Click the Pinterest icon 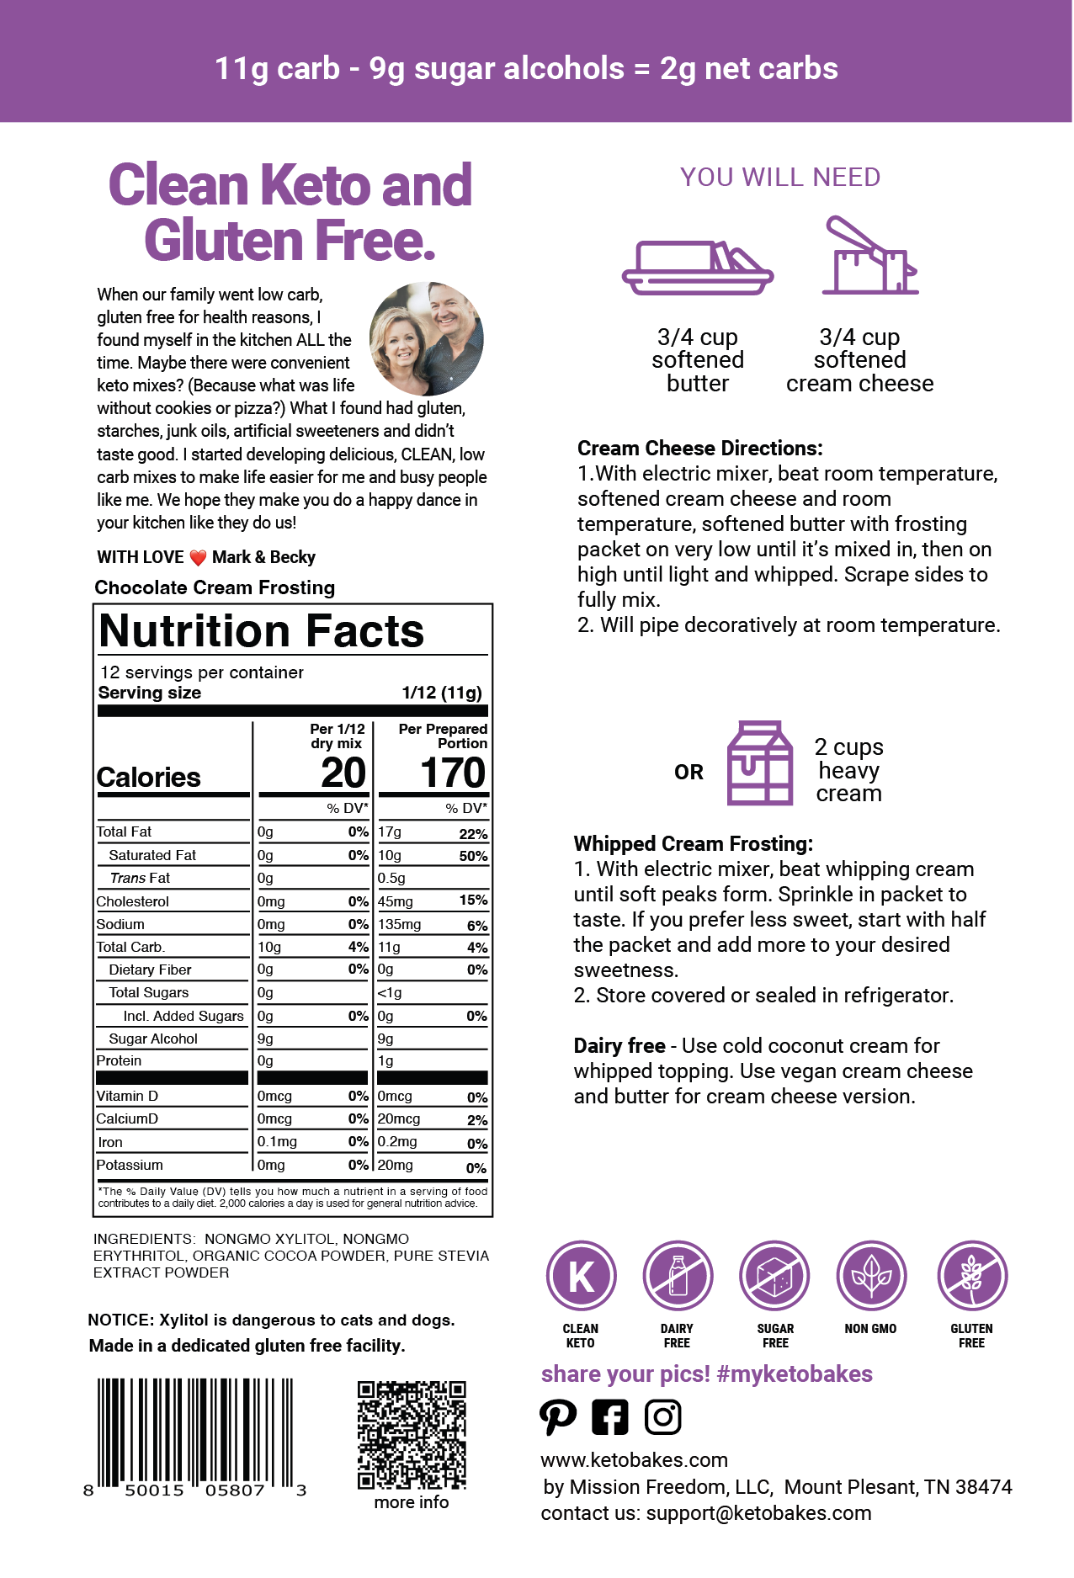coord(558,1417)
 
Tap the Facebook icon coord(610,1417)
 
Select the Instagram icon coord(662,1417)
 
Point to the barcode coord(195,1435)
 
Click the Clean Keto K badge coord(581,1276)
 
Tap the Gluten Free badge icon coord(972,1276)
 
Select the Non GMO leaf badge coord(871,1276)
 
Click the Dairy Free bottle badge coord(678,1276)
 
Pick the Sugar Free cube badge coord(774,1276)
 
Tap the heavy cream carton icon coord(760,763)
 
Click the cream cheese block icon coord(869,257)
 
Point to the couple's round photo coord(427,339)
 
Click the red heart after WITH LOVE coord(198,558)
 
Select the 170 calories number coord(453,773)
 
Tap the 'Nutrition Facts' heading coord(262,631)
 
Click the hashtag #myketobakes coord(795,1374)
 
